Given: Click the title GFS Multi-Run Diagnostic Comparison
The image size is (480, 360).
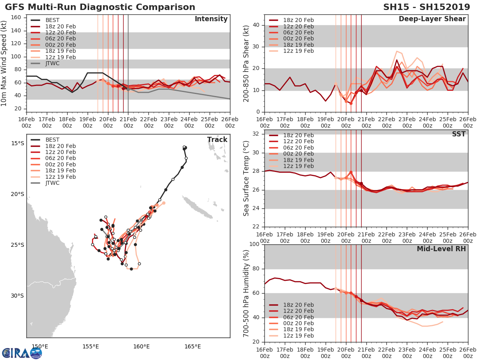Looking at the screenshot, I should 100,7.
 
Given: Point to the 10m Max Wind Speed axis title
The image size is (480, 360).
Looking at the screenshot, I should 4,61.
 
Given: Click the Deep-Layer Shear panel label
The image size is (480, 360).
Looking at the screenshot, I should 432,19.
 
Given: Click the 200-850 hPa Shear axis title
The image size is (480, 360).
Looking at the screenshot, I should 246,63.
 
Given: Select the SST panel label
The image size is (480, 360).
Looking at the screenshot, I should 458,134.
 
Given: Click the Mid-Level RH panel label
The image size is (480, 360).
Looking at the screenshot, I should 441,249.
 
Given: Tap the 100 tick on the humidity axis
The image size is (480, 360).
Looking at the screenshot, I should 254,244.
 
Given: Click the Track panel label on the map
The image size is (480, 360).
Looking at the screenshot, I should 217,140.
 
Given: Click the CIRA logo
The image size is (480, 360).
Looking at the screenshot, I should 22,353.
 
